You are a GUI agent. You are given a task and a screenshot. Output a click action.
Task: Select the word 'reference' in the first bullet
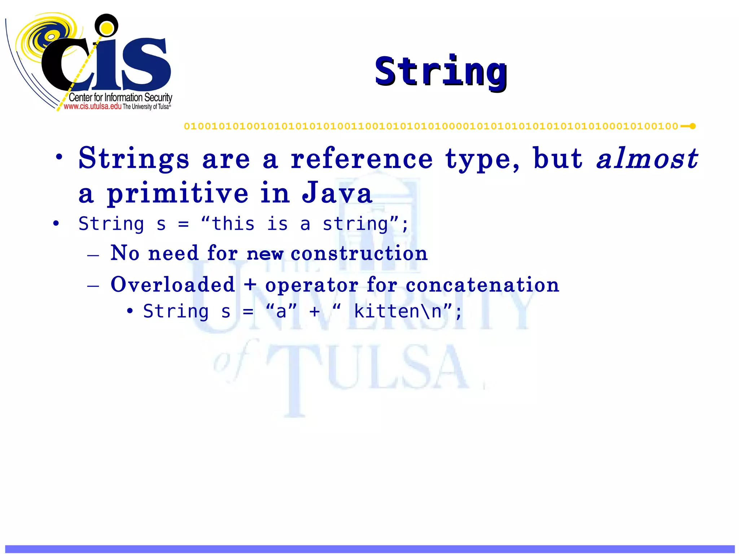(x=362, y=159)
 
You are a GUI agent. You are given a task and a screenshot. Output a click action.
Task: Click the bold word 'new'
(x=265, y=254)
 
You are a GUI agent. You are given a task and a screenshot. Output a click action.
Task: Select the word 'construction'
(x=359, y=253)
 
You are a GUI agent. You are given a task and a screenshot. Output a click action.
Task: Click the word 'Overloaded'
(x=173, y=285)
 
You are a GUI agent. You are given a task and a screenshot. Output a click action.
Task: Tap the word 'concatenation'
(x=482, y=285)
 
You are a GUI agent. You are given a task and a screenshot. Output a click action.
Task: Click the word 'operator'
(x=311, y=285)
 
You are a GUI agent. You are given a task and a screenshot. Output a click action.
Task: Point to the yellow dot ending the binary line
(x=692, y=126)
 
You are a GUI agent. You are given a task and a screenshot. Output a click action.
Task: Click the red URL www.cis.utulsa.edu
(x=92, y=106)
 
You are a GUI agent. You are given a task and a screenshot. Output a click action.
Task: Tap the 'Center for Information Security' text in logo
(x=120, y=97)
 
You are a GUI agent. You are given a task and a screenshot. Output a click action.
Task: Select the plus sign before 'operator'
(x=250, y=285)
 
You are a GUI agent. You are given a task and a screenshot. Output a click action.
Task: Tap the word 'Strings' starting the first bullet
(x=134, y=159)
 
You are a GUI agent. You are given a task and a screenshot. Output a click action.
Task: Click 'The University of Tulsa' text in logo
(x=147, y=107)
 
